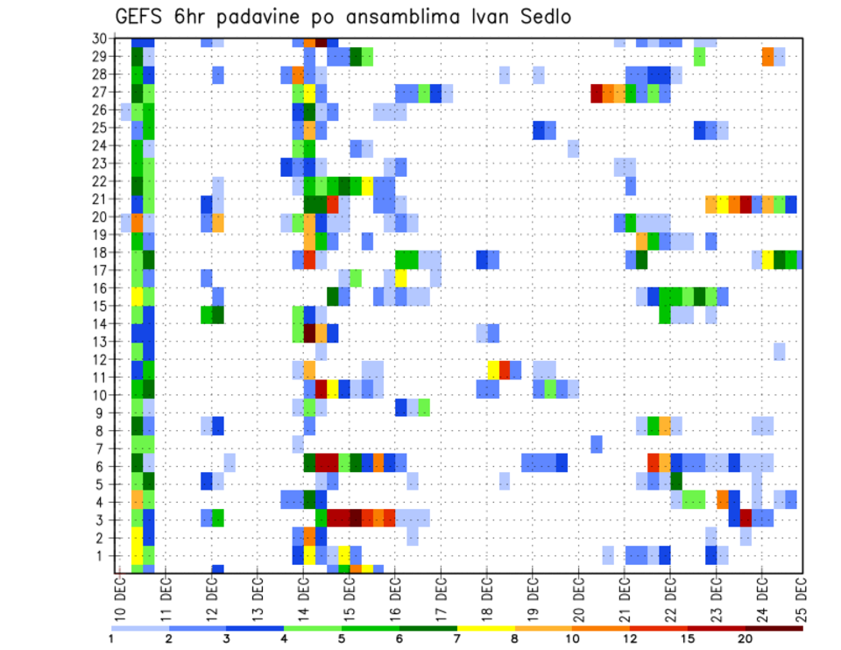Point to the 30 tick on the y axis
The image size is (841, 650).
click(x=99, y=39)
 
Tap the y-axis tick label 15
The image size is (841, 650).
click(x=99, y=306)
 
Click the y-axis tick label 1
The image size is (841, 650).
click(x=102, y=555)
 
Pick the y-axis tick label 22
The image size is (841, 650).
click(x=99, y=181)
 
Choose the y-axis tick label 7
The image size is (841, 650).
click(x=102, y=449)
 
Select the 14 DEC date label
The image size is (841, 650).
click(x=302, y=597)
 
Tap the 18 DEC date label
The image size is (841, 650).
click(x=485, y=597)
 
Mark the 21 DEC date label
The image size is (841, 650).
click(x=623, y=597)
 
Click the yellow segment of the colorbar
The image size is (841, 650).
click(x=485, y=628)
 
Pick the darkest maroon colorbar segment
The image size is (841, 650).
click(x=774, y=628)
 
